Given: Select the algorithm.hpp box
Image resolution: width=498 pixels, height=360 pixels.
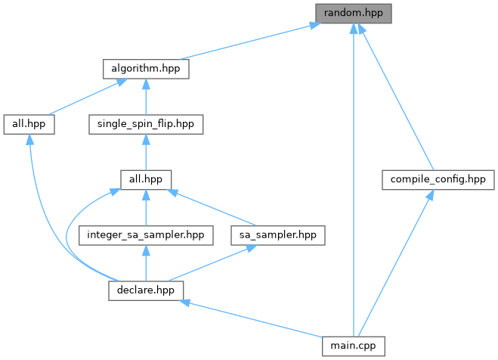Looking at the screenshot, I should (x=145, y=68).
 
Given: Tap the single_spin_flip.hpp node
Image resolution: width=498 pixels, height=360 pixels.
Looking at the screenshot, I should (x=145, y=123).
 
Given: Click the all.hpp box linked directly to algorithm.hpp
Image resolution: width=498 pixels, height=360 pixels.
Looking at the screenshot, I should (x=29, y=123).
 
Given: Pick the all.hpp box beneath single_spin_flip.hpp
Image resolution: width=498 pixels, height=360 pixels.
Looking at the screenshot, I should (x=145, y=179).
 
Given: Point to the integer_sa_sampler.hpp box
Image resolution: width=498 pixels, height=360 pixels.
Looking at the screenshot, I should (x=145, y=234).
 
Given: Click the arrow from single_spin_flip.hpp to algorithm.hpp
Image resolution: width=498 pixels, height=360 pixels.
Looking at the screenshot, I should (x=145, y=96).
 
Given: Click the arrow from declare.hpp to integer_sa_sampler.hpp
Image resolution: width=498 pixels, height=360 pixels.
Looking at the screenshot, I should (x=145, y=262).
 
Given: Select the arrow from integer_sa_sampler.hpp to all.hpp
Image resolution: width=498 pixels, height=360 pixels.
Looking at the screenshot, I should (x=145, y=207).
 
